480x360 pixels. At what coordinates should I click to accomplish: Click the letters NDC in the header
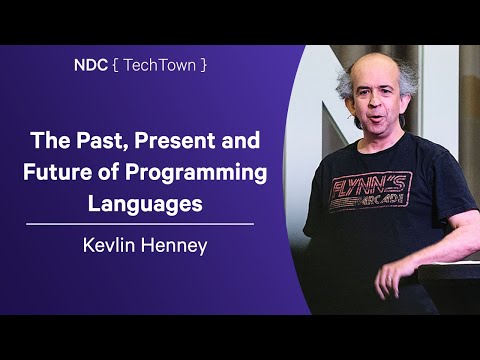click(89, 64)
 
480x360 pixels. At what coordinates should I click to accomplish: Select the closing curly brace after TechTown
click(204, 64)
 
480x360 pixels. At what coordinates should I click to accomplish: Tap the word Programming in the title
click(192, 172)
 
